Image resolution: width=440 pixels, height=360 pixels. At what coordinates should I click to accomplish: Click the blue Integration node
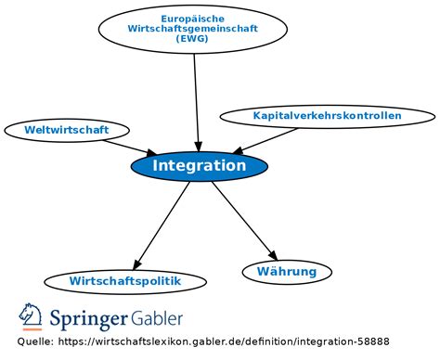coord(199,166)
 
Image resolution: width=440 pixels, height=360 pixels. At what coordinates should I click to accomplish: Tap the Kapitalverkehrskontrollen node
coord(327,116)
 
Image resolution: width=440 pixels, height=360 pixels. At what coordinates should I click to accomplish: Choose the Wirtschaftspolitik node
coord(124,280)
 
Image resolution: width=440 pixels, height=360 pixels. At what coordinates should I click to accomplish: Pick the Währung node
coord(286,272)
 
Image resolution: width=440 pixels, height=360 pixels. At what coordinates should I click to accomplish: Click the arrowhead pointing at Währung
coord(272,255)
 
